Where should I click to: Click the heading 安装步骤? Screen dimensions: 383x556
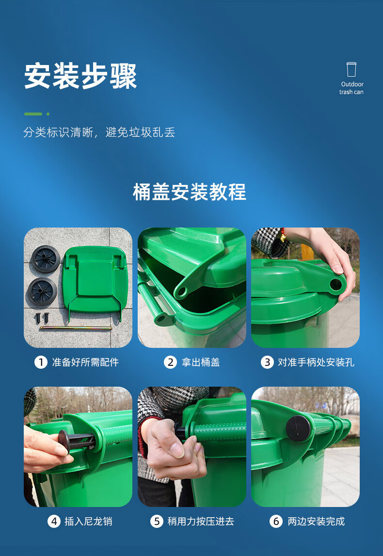[80, 76]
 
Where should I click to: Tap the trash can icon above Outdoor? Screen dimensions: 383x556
[351, 69]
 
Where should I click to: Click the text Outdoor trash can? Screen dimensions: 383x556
[352, 88]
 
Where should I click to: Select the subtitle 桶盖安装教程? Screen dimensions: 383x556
[190, 192]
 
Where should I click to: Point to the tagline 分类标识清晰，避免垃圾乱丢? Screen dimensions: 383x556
[99, 132]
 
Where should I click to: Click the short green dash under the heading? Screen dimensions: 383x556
[33, 114]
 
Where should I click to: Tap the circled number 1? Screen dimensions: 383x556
[41, 362]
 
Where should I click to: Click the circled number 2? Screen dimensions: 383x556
[170, 362]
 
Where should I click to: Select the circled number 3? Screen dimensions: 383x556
[267, 362]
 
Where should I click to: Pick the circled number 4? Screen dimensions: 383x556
[54, 521]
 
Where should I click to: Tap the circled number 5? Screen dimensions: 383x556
[157, 521]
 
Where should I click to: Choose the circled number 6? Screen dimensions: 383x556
[276, 521]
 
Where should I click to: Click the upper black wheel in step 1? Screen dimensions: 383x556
[46, 259]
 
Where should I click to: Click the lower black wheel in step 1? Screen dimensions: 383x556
[42, 292]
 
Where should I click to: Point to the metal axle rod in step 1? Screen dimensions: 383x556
[76, 328]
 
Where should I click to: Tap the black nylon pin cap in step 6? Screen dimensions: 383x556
[298, 428]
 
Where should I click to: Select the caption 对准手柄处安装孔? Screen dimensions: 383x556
[316, 362]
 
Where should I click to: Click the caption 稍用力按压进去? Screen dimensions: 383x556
[201, 521]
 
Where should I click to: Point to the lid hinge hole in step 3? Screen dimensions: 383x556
[335, 284]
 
